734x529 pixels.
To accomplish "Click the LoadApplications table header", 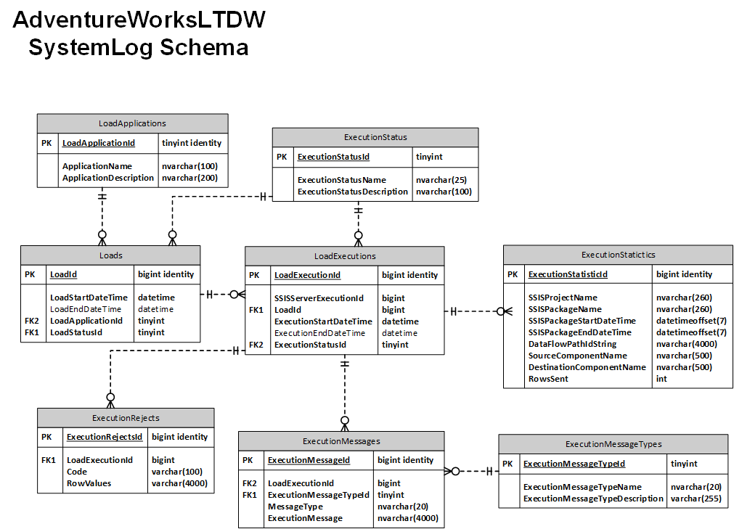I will point(132,123).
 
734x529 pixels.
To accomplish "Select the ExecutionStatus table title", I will point(375,137).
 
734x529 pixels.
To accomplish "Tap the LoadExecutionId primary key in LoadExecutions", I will point(307,275).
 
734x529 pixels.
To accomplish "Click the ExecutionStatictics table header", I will point(618,255).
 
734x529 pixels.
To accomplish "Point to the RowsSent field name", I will point(548,379).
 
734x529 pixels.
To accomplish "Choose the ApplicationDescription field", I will point(108,178).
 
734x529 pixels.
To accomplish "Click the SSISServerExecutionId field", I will point(319,298).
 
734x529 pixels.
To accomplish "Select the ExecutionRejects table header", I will point(126,418).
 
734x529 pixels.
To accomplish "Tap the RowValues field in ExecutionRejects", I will point(89,483).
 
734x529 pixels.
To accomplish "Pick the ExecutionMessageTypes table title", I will point(613,444).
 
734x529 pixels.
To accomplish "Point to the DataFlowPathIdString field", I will point(573,344).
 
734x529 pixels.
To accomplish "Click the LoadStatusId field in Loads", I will point(76,332).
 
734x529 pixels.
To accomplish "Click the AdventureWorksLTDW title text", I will point(139,19).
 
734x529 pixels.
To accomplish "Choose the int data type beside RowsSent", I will point(661,379).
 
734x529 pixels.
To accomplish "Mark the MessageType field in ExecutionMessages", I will point(295,507).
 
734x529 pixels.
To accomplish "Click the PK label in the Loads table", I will point(30,274).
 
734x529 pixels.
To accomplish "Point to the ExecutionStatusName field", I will point(341,180).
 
